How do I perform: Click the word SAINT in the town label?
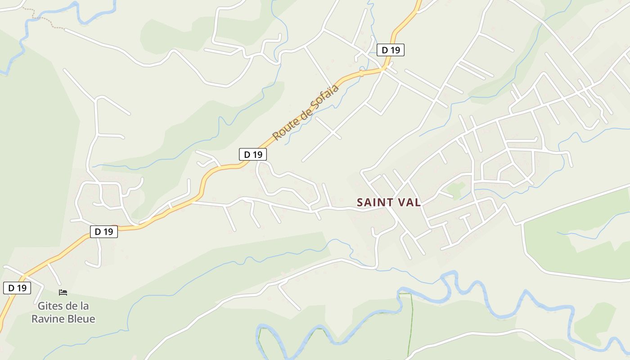click(x=374, y=202)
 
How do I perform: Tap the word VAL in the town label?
click(x=409, y=202)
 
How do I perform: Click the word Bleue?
click(x=81, y=319)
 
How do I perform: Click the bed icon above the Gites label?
click(x=63, y=292)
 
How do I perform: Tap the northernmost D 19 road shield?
click(x=391, y=50)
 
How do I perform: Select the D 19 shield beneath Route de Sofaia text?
click(x=253, y=154)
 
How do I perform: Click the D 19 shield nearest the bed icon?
click(x=17, y=288)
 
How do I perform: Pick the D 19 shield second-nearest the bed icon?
click(x=104, y=232)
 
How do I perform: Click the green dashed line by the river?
click(x=411, y=324)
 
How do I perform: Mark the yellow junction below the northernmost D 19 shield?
click(x=383, y=69)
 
